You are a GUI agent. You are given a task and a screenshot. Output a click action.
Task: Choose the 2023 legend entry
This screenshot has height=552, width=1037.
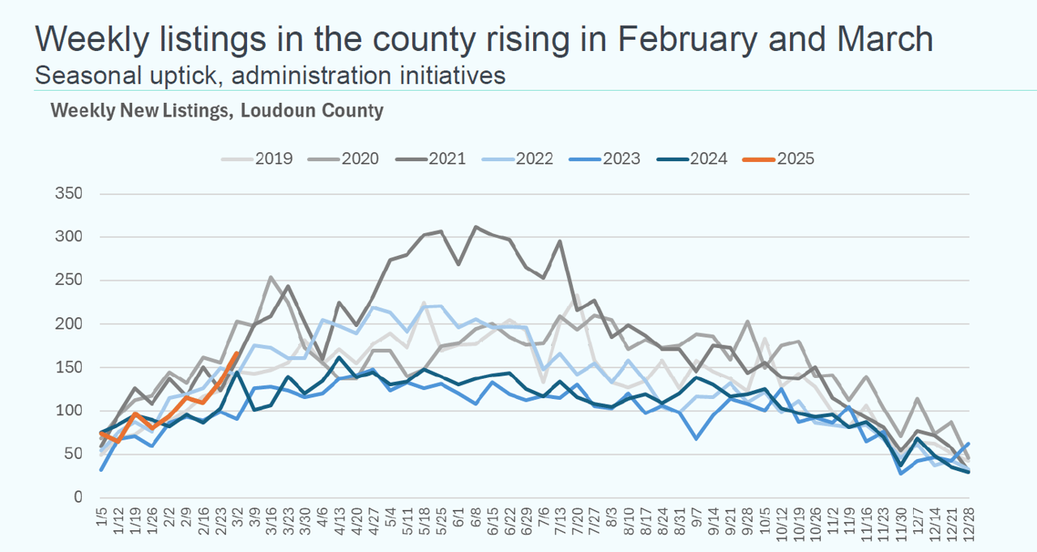point(622,159)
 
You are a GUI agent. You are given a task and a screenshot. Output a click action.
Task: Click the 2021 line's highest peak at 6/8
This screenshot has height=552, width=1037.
point(476,227)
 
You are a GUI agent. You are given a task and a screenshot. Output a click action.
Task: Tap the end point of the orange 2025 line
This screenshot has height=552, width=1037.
point(237,353)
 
